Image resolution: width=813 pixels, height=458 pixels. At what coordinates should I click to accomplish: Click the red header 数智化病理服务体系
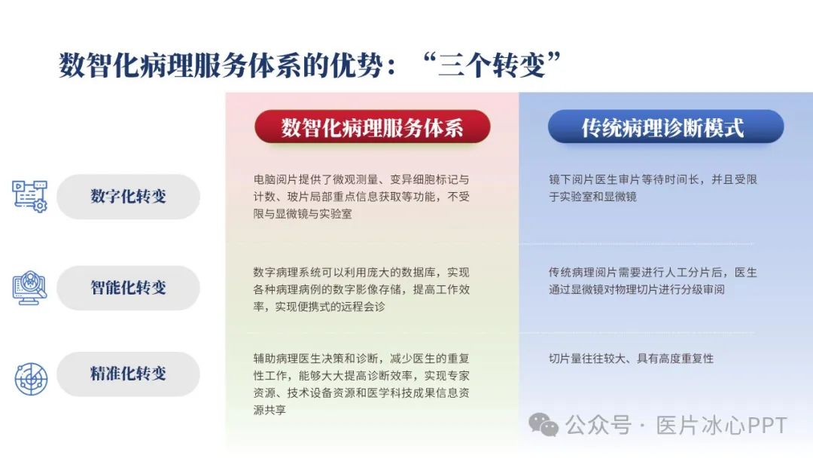tap(373, 127)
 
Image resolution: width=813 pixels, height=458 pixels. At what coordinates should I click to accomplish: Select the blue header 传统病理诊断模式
tap(665, 127)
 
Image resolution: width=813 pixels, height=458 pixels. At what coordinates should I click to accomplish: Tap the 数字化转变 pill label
tap(128, 196)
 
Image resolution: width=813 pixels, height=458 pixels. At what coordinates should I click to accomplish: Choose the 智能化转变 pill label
tap(128, 287)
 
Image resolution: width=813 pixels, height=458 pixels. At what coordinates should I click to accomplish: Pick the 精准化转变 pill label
tap(128, 374)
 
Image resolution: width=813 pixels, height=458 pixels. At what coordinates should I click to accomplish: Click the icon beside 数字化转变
tap(29, 196)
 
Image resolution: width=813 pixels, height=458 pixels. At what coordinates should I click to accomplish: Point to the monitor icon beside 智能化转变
tap(29, 287)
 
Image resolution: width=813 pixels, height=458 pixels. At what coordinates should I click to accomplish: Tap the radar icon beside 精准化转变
tap(31, 379)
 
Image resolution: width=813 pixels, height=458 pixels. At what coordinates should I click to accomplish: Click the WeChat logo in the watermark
tap(543, 425)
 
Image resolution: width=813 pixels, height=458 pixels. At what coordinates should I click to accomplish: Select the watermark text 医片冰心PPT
tap(721, 426)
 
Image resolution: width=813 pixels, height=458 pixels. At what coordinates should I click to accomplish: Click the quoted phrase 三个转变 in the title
tap(492, 66)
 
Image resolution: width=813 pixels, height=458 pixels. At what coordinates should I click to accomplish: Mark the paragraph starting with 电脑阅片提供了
tap(361, 197)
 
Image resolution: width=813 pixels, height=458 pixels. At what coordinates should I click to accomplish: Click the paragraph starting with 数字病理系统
tap(361, 289)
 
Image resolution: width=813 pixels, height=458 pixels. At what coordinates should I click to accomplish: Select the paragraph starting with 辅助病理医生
tap(361, 384)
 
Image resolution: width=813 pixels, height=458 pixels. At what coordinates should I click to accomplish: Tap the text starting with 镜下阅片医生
tap(653, 188)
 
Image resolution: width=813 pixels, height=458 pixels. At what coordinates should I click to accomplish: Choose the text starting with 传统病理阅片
tap(653, 281)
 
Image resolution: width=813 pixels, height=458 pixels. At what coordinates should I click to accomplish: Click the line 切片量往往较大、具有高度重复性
tap(631, 359)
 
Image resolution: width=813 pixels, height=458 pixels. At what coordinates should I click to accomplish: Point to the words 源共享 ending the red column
tap(269, 410)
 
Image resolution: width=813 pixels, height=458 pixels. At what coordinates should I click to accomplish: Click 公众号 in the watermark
tap(598, 426)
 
